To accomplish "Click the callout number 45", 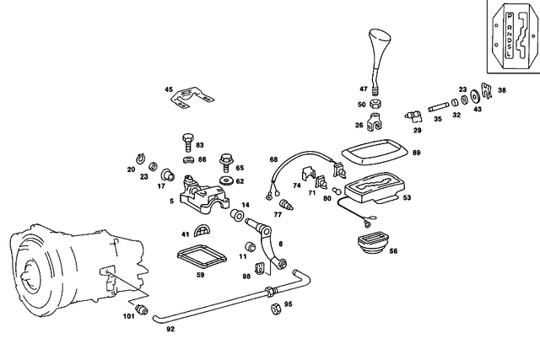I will [x=168, y=89].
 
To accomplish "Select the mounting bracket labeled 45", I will [x=192, y=101].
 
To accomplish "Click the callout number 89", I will [x=417, y=152].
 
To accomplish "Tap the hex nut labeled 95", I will [x=274, y=309].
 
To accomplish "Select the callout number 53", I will [x=407, y=198].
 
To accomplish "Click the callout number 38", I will [x=502, y=90].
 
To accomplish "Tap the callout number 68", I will [x=273, y=159].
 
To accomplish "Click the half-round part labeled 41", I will [x=204, y=232].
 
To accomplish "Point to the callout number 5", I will [x=171, y=201].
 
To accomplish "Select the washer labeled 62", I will [x=226, y=180].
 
